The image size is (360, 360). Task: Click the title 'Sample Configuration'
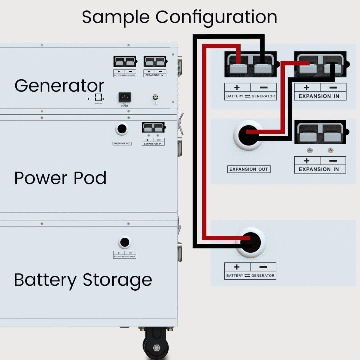pos(179,17)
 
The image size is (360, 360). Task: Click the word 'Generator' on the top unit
pos(59,86)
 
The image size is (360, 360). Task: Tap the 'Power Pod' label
pos(60,178)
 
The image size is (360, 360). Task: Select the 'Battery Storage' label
pos(83,280)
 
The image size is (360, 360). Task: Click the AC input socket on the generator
pos(124,97)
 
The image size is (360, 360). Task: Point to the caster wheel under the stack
pos(156,345)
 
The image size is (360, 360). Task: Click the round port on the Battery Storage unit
pos(124,242)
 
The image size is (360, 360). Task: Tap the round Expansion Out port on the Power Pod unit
pos(121,129)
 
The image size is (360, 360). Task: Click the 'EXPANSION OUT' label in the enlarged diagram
pos(249,169)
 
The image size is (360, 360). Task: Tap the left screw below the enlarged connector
pos(310,150)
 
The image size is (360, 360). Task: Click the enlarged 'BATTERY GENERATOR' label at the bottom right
pos(250,275)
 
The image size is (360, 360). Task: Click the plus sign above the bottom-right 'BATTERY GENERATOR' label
pos(237,267)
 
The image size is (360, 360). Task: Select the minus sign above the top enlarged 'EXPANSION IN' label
pos(333,88)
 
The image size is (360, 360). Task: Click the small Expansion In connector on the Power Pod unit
pos(153,127)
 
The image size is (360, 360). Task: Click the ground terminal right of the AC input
pos(155,97)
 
